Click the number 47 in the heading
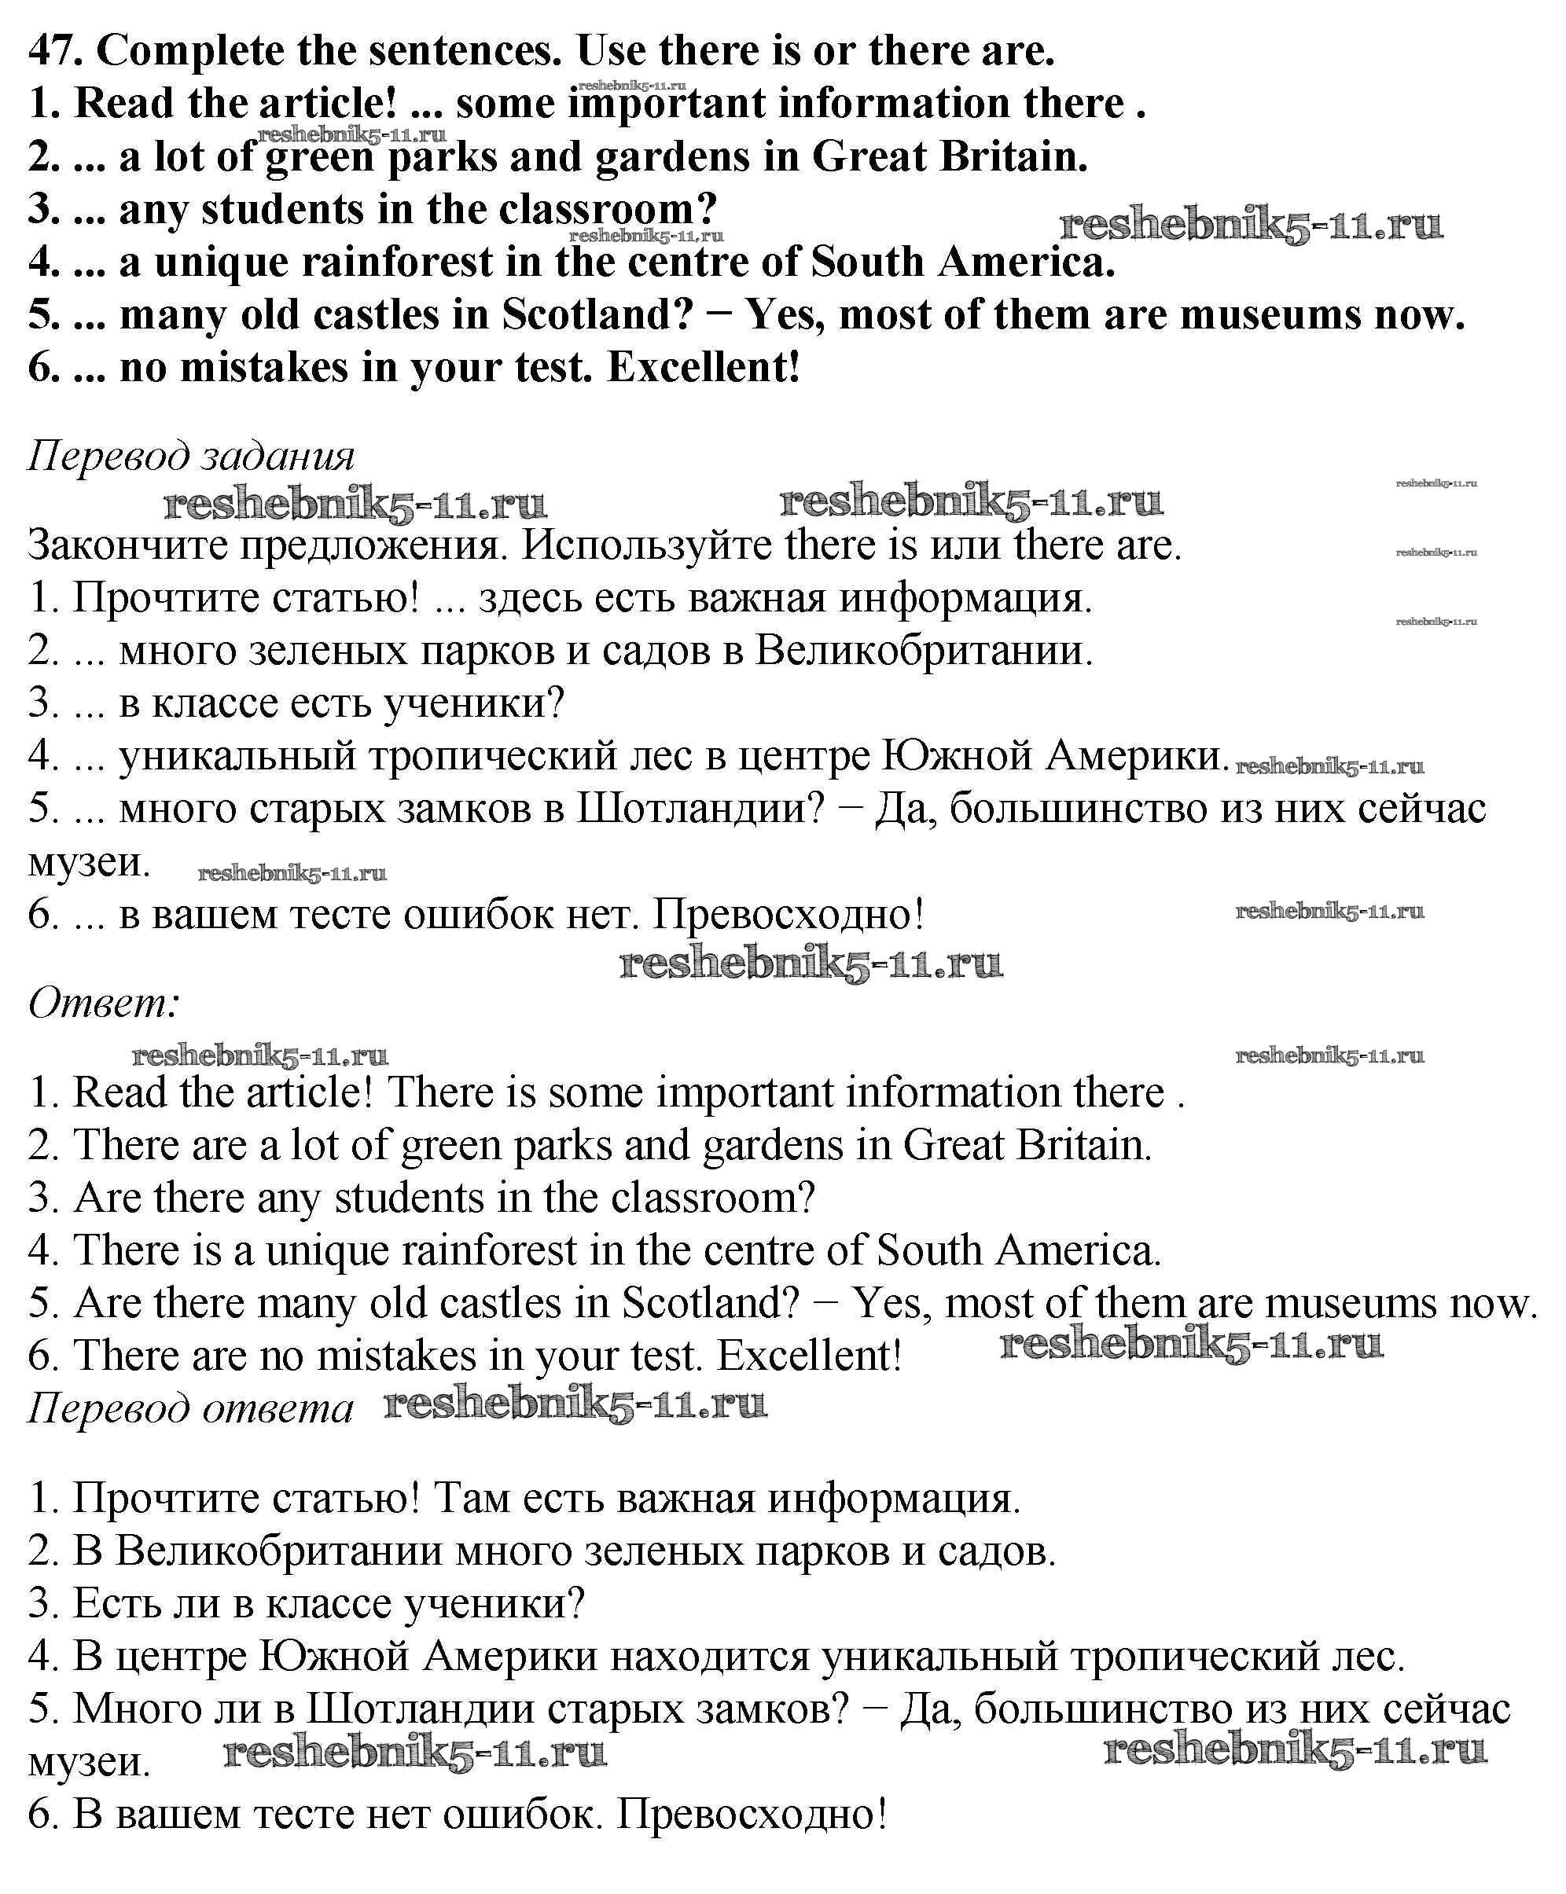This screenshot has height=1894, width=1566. [55, 50]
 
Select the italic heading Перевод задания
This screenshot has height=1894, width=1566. [191, 456]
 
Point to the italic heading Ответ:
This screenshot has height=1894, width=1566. [104, 1002]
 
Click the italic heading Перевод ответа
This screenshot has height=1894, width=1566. [190, 1408]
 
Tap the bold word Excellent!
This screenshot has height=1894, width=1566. [703, 368]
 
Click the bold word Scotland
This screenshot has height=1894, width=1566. [596, 316]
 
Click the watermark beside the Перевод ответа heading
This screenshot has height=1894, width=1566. [575, 1404]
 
